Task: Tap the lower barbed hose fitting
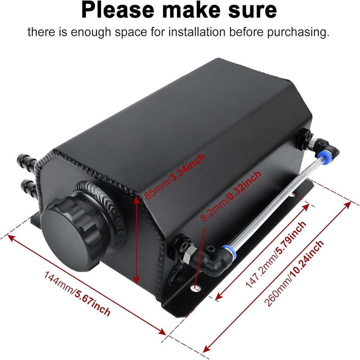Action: (x=29, y=186)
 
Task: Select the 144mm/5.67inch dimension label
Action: (x=77, y=294)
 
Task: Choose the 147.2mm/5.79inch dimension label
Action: (x=276, y=255)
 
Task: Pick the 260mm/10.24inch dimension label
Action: (x=294, y=273)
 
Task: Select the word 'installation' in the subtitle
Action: (x=197, y=32)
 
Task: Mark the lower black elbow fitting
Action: (x=211, y=260)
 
